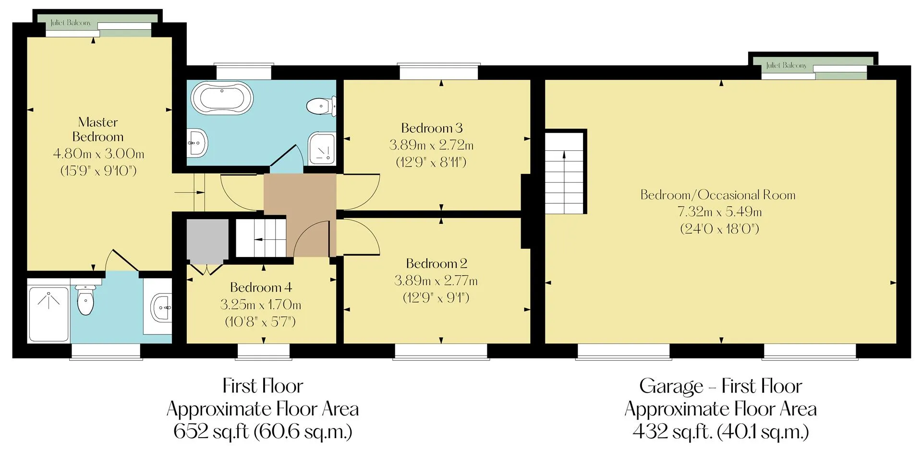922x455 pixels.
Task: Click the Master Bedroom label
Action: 98,129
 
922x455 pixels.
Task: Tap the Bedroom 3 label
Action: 432,128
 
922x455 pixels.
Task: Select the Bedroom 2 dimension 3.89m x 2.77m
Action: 436,280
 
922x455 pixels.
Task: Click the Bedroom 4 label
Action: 261,287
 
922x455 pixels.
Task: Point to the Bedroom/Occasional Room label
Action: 718,195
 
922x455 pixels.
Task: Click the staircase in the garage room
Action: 564,173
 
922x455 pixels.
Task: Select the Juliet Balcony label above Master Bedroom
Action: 71,23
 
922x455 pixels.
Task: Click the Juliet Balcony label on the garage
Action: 787,65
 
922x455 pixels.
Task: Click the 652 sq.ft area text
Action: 263,431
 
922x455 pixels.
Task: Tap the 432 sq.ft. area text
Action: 720,431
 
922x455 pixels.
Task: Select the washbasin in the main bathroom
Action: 198,142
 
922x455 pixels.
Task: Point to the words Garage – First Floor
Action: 720,386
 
